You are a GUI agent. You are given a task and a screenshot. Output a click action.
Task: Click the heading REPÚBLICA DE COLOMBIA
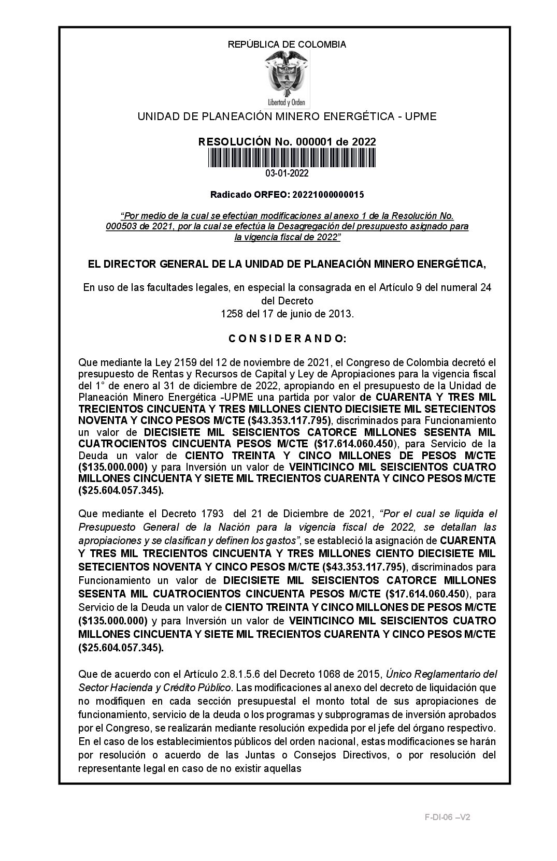(x=287, y=45)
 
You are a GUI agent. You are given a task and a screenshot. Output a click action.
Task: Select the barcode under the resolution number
(x=287, y=157)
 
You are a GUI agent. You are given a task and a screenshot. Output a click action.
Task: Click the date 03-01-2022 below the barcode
(x=287, y=173)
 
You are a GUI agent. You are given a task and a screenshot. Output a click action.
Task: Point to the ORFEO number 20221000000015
(x=328, y=195)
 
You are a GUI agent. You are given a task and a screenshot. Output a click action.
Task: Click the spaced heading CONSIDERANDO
(x=287, y=339)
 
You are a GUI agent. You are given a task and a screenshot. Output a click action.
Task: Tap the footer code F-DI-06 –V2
(x=447, y=818)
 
